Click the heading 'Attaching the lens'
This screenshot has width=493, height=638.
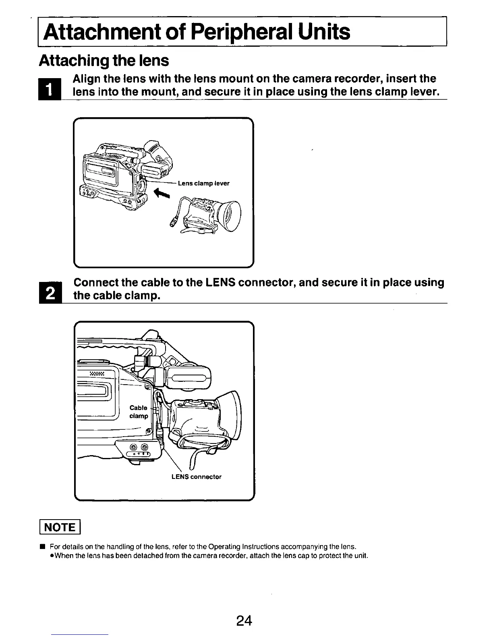[104, 60]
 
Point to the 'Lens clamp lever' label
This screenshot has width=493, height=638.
[204, 183]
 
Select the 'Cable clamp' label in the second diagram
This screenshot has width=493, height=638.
[139, 412]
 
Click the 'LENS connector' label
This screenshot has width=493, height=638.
[196, 477]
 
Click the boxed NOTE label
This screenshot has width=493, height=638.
[60, 527]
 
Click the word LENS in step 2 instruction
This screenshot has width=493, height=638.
[220, 282]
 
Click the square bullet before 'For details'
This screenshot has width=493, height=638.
[41, 547]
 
